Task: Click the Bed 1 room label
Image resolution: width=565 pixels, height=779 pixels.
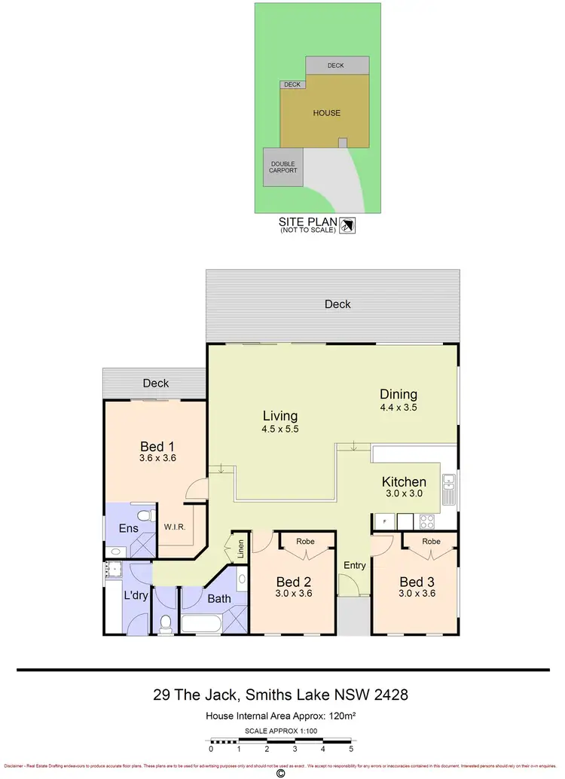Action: click(x=157, y=444)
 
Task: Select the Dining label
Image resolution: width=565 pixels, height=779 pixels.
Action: click(x=399, y=394)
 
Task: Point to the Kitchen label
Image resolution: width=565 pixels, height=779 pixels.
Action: click(x=404, y=482)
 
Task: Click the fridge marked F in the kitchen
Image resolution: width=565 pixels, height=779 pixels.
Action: click(x=383, y=521)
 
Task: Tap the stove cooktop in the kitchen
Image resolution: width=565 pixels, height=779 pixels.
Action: click(x=427, y=520)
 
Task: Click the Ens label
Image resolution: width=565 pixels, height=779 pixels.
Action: click(x=129, y=528)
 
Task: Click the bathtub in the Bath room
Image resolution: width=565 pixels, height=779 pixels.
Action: click(x=201, y=624)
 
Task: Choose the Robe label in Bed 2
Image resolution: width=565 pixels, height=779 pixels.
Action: click(x=305, y=542)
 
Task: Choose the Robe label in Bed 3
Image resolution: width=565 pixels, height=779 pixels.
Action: click(x=430, y=542)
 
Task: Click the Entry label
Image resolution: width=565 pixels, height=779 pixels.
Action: click(x=354, y=565)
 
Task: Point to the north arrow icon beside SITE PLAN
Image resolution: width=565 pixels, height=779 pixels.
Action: click(x=348, y=225)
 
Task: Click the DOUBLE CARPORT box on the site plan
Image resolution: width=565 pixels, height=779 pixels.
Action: click(x=283, y=166)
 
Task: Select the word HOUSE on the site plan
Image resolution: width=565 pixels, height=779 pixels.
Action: click(x=327, y=113)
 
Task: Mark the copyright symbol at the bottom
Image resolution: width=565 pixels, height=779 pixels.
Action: click(x=281, y=772)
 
